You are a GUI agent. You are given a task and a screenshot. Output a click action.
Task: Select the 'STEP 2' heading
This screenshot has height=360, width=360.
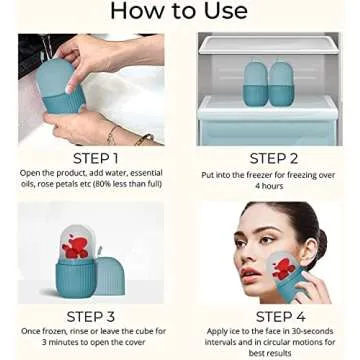click(x=273, y=158)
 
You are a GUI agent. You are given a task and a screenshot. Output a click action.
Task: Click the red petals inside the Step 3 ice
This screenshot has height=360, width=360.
click(x=75, y=247)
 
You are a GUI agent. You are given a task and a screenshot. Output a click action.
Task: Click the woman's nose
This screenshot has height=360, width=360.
click(x=248, y=252)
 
